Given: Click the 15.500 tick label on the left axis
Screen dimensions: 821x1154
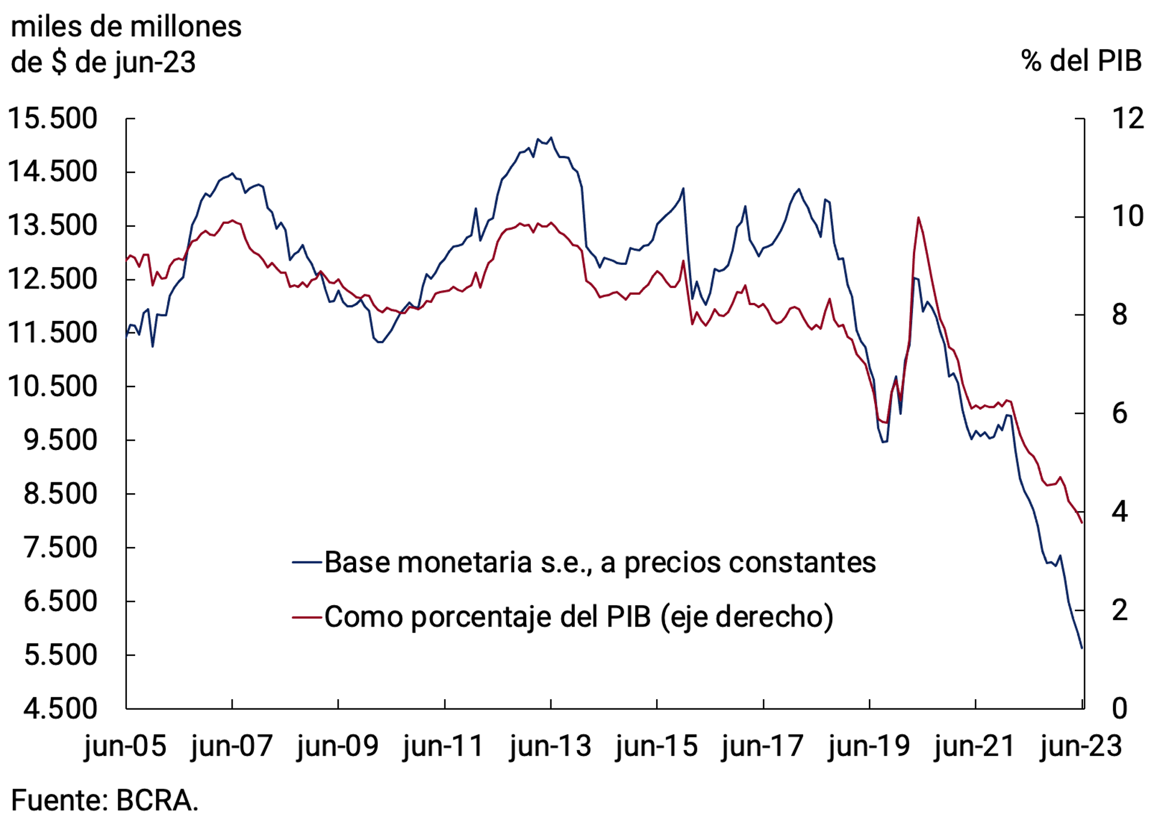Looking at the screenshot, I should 52,119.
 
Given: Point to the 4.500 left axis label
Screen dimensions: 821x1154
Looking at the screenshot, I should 60,708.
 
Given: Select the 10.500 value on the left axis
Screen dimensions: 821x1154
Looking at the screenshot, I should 52,387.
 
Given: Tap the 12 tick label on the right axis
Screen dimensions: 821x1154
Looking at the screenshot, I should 1127,119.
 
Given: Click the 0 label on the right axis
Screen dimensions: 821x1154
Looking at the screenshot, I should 1119,708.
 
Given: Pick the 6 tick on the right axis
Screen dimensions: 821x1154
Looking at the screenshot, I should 1119,414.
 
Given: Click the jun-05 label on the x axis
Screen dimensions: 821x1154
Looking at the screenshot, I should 125,746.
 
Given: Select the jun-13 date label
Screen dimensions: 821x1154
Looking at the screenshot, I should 550,746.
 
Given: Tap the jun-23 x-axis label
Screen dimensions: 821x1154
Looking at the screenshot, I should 1081,746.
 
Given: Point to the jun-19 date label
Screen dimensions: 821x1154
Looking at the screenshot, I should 868,746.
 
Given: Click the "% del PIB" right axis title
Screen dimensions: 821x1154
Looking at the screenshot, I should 1081,61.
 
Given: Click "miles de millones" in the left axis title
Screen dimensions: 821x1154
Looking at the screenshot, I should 126,27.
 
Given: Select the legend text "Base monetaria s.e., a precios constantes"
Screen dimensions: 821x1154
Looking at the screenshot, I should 600,563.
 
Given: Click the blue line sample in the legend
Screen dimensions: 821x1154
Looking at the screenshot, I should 306,562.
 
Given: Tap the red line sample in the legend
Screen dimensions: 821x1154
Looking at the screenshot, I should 306,617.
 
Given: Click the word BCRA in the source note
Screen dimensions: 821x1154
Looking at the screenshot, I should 157,801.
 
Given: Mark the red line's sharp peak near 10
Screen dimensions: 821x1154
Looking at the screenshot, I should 918,218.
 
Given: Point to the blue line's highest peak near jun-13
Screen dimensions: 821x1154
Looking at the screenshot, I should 551,137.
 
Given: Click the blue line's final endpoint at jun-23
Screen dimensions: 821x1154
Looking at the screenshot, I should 1081,648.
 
